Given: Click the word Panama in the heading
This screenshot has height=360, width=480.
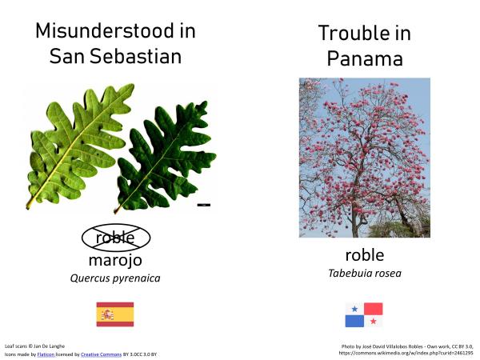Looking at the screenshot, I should tap(365, 59).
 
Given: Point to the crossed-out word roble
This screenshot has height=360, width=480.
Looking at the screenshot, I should tap(115, 238).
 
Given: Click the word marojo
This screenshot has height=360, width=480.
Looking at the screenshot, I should tap(115, 260).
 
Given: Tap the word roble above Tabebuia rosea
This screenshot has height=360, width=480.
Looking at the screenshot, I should tap(365, 255).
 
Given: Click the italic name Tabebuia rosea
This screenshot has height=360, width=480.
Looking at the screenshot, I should tap(365, 274).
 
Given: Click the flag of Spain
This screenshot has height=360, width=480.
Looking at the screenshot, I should tap(115, 314).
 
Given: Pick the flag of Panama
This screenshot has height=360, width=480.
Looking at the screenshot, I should tap(364, 314).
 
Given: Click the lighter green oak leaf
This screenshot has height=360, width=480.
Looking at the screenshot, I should tap(77, 144).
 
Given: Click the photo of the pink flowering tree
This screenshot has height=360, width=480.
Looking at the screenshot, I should tap(364, 157).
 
